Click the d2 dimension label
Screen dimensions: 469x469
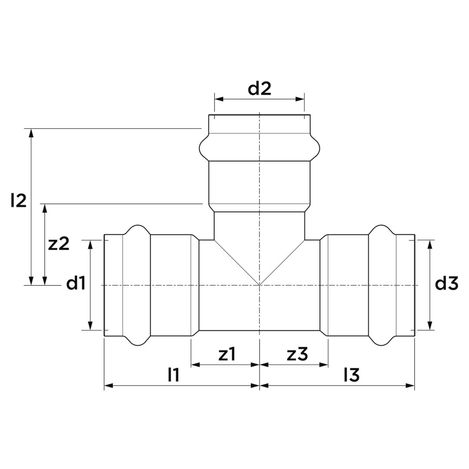[x=259, y=89]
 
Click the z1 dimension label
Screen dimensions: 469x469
[x=227, y=354]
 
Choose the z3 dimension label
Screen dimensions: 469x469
[x=297, y=354]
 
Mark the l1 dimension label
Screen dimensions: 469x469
[x=173, y=375]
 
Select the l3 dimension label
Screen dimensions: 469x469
[x=351, y=375]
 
